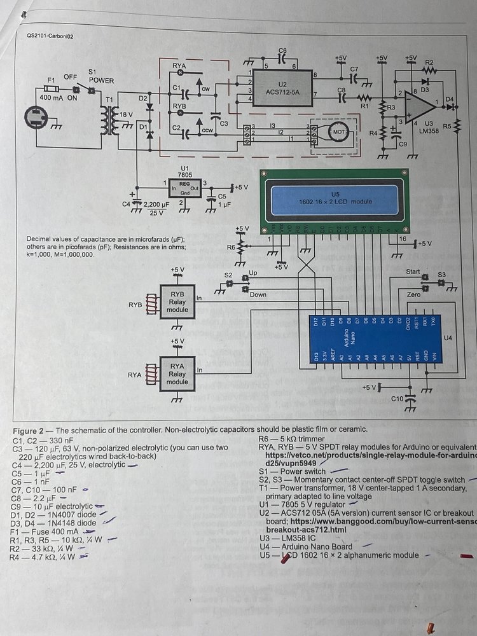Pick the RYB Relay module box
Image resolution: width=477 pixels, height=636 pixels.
177,301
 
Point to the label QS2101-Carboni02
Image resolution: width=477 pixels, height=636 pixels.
51,36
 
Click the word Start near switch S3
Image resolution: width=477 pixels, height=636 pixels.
413,272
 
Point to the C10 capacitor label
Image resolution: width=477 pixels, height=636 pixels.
397,398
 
